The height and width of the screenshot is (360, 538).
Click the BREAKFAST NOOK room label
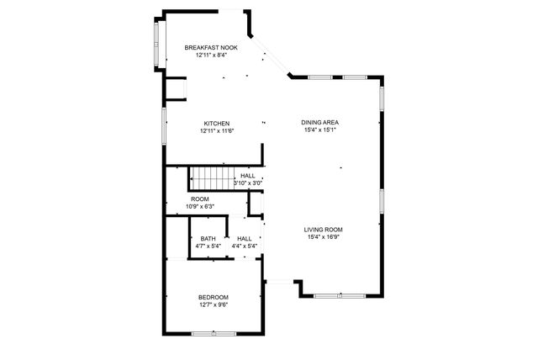[211, 48]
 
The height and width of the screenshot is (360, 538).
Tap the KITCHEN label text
[216, 124]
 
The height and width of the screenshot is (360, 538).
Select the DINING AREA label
[319, 123]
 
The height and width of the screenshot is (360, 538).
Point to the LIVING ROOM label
[324, 230]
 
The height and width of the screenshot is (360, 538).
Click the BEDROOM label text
[214, 297]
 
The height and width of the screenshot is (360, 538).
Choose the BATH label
[207, 239]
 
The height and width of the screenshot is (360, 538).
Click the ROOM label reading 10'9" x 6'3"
[199, 199]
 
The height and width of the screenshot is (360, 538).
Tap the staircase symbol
[208, 179]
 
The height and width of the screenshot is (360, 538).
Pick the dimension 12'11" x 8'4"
[211, 56]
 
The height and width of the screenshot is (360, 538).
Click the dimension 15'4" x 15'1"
[319, 130]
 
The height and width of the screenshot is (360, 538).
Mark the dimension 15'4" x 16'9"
[324, 237]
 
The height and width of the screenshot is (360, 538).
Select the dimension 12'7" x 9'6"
[214, 304]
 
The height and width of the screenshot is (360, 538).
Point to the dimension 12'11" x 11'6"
[216, 131]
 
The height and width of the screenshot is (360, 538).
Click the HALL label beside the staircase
[247, 176]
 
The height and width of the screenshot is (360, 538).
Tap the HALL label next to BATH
[245, 239]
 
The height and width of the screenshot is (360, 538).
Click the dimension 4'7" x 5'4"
[207, 246]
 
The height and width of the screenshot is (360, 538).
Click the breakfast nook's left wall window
[156, 43]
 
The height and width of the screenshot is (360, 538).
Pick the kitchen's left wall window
[163, 127]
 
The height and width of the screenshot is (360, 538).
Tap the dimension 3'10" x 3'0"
[249, 183]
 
